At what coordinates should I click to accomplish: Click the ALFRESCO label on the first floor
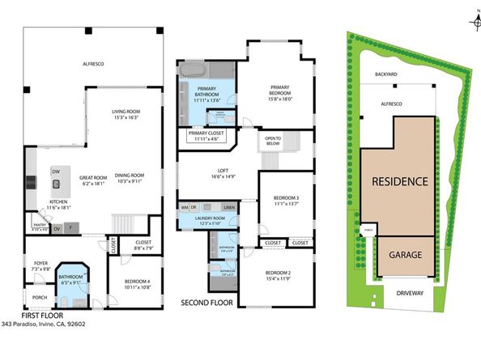pyautogui.click(x=95, y=62)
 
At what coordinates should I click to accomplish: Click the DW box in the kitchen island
pyautogui.click(x=55, y=172)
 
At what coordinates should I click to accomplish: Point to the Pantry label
pyautogui.click(x=38, y=227)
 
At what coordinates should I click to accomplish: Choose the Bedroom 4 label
pyautogui.click(x=127, y=284)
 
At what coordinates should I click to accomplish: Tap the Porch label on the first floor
pyautogui.click(x=40, y=297)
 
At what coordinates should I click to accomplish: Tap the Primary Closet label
pyautogui.click(x=206, y=136)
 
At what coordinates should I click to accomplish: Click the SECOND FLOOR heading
pyautogui.click(x=206, y=303)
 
